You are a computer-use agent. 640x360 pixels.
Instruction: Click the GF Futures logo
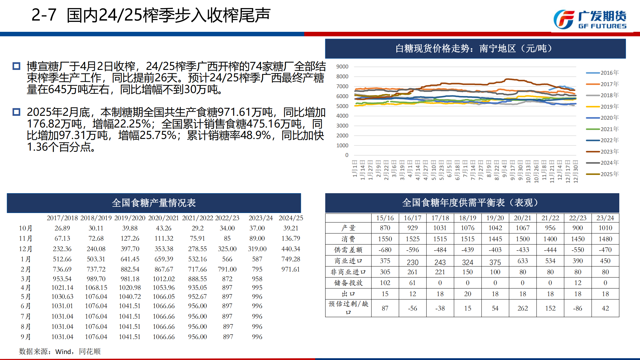click(590, 20)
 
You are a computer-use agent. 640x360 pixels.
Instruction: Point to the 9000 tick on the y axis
click(342, 67)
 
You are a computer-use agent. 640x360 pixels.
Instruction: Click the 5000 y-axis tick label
click(342, 106)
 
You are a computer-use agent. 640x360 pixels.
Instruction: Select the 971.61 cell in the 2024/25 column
click(290, 269)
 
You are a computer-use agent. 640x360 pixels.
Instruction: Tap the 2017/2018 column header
click(62, 218)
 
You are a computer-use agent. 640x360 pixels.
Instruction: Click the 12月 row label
click(26, 249)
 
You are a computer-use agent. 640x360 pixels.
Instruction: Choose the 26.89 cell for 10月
click(62, 228)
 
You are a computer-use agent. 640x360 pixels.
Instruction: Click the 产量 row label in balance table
click(348, 228)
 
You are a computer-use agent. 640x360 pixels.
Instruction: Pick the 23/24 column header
click(605, 218)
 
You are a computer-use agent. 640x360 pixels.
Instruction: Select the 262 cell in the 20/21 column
click(523, 308)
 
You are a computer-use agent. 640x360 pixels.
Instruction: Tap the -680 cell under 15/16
click(385, 250)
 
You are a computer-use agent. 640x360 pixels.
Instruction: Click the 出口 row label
click(348, 294)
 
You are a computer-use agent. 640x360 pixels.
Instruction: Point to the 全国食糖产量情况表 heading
click(154, 203)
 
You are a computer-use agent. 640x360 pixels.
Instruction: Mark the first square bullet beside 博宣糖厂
click(16, 66)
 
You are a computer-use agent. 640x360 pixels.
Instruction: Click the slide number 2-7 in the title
click(44, 15)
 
